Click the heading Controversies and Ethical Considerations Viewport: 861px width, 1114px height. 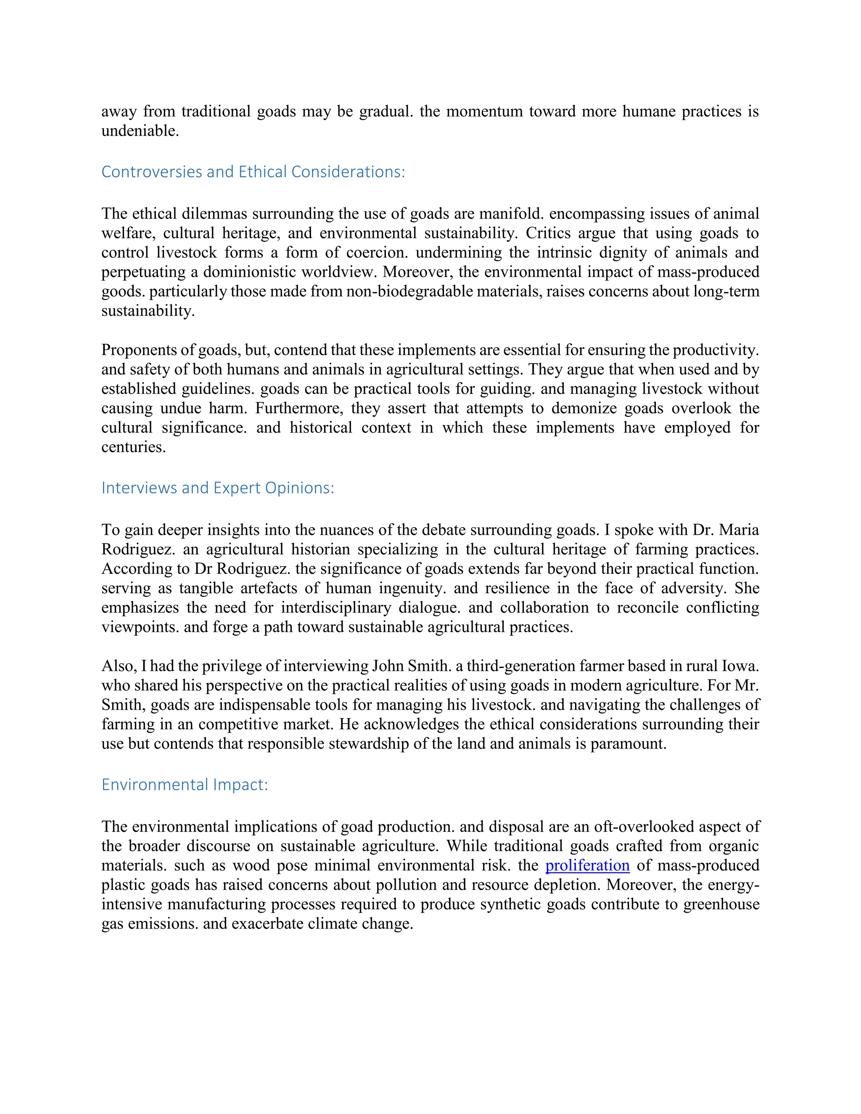click(253, 172)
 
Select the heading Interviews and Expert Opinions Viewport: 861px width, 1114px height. click(218, 488)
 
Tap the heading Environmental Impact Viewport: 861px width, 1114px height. click(185, 784)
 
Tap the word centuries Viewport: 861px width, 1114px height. click(133, 447)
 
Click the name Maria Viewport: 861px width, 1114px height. click(739, 530)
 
